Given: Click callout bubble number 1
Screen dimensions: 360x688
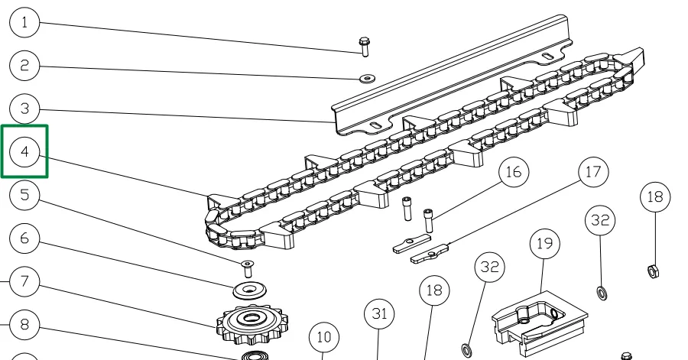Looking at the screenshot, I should coord(25,23).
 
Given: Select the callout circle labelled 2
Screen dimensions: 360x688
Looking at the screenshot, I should coord(25,66).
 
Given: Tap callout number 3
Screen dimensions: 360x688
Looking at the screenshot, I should coord(25,109).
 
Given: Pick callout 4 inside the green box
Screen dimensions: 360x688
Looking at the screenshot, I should coord(25,152).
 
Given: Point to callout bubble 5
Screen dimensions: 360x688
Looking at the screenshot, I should coord(25,196).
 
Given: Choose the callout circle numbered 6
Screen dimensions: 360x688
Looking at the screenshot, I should coord(25,239).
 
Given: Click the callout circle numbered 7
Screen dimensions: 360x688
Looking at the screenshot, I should coord(25,282).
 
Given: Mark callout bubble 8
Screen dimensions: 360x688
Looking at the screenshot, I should coord(25,325).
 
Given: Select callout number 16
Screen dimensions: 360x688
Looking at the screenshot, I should coord(513,172).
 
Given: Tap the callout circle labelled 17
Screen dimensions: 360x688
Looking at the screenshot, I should coord(593,172).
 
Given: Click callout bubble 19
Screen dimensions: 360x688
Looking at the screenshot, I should coord(544,245).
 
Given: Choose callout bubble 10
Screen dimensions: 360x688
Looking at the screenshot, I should coord(323,336).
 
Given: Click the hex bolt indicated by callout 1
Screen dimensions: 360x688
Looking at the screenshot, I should coord(364,45).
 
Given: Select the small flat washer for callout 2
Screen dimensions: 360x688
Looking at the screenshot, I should coord(365,77).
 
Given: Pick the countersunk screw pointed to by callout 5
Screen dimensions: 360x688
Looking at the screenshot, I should coord(248,267).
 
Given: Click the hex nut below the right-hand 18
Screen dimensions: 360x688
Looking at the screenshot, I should coord(654,270).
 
